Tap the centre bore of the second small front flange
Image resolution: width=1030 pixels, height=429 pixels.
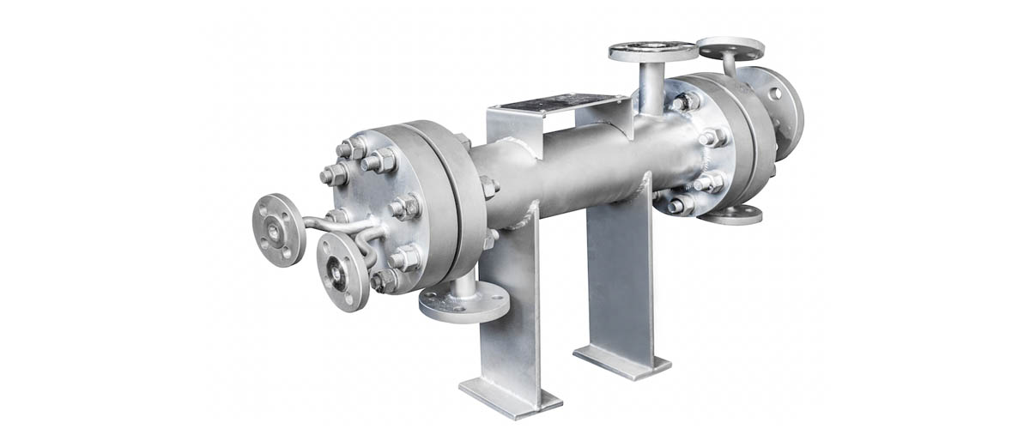pos(342,270)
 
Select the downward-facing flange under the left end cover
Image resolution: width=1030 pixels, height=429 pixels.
pos(463,302)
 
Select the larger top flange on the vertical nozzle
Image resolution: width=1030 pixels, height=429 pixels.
pos(653,51)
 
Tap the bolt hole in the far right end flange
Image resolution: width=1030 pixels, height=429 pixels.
pos(775,94)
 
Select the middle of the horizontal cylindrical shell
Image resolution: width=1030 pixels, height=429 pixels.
pos(566,167)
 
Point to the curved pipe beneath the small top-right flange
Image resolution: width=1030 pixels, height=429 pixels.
pos(729,66)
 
